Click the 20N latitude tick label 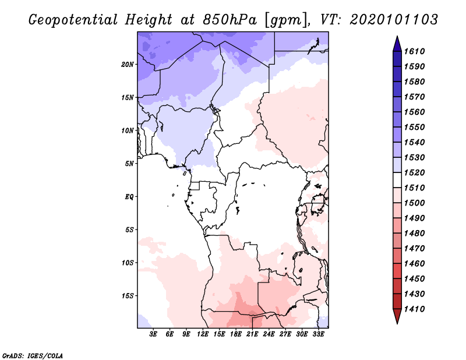point(128,64)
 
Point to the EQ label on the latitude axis point(129,196)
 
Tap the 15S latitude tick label point(128,295)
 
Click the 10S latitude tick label point(128,263)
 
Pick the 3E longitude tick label point(154,334)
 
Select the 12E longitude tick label point(203,334)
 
